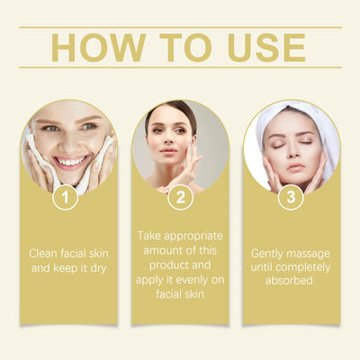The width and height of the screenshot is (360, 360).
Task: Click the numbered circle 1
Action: pyautogui.click(x=64, y=197)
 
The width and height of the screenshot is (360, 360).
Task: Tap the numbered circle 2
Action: pyautogui.click(x=180, y=197)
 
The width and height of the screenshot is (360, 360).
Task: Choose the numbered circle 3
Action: pyautogui.click(x=290, y=197)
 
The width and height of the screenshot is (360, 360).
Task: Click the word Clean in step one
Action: pyautogui.click(x=44, y=253)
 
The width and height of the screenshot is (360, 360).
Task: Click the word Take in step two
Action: pyautogui.click(x=149, y=235)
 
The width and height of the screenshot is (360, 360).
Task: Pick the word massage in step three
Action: pyautogui.click(x=309, y=253)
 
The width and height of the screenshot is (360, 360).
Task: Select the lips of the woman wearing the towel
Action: pyautogui.click(x=294, y=166)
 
